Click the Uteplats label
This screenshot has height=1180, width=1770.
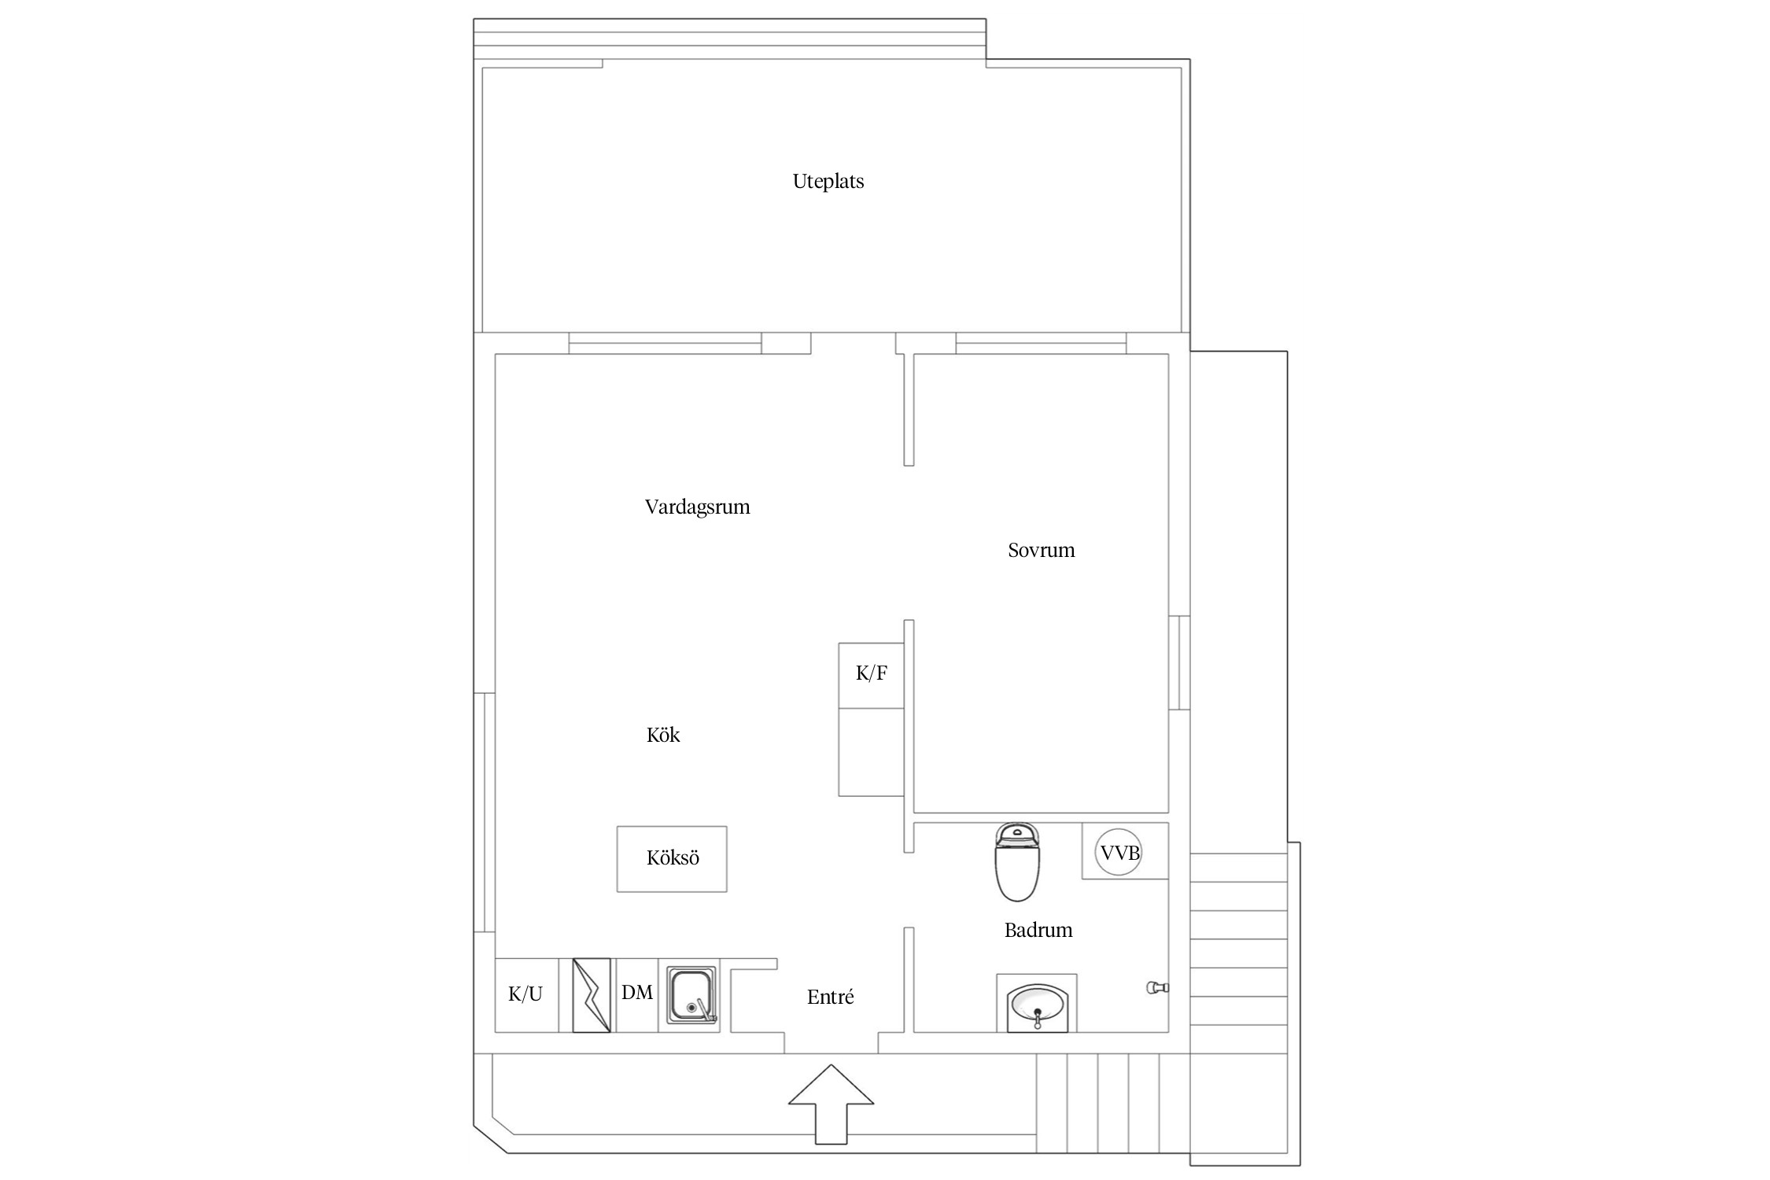click(x=828, y=182)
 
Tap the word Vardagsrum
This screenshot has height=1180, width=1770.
click(x=697, y=507)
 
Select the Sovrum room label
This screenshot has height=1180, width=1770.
click(x=1041, y=550)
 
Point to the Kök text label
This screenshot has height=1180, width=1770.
click(x=662, y=735)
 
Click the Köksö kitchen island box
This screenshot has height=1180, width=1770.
click(x=672, y=859)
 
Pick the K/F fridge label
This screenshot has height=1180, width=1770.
click(x=872, y=673)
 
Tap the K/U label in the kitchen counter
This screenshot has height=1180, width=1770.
click(x=525, y=994)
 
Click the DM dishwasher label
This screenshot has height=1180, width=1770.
click(x=637, y=993)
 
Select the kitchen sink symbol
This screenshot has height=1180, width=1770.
click(x=692, y=995)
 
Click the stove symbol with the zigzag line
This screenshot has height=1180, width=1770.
click(x=592, y=995)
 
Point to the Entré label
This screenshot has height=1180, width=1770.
click(x=830, y=997)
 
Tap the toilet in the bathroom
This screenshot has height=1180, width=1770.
click(x=1019, y=861)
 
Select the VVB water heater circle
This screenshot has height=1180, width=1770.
click(x=1119, y=852)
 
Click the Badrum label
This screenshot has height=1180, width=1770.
click(x=1038, y=931)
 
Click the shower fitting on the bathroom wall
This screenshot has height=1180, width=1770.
click(x=1158, y=987)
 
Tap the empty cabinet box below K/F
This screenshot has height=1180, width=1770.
click(x=872, y=752)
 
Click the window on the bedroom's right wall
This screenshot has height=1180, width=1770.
click(x=1179, y=662)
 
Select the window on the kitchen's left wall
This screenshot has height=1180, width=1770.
click(x=485, y=813)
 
